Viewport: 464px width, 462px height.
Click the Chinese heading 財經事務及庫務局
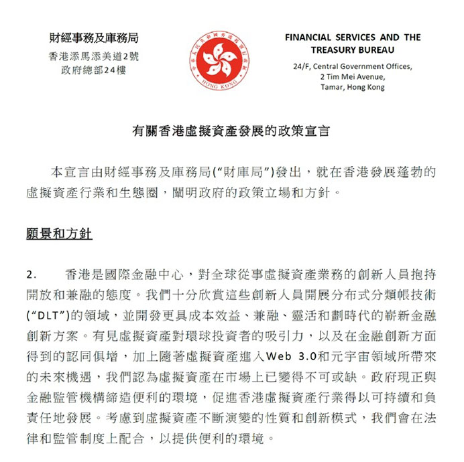point(97,38)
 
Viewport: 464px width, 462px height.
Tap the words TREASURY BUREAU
point(352,50)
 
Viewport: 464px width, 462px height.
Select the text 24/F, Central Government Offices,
point(353,67)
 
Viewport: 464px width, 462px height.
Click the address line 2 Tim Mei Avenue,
point(353,77)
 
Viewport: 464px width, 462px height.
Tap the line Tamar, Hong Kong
point(353,87)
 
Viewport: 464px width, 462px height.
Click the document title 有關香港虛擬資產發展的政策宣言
point(231,132)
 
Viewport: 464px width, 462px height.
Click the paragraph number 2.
point(31,275)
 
